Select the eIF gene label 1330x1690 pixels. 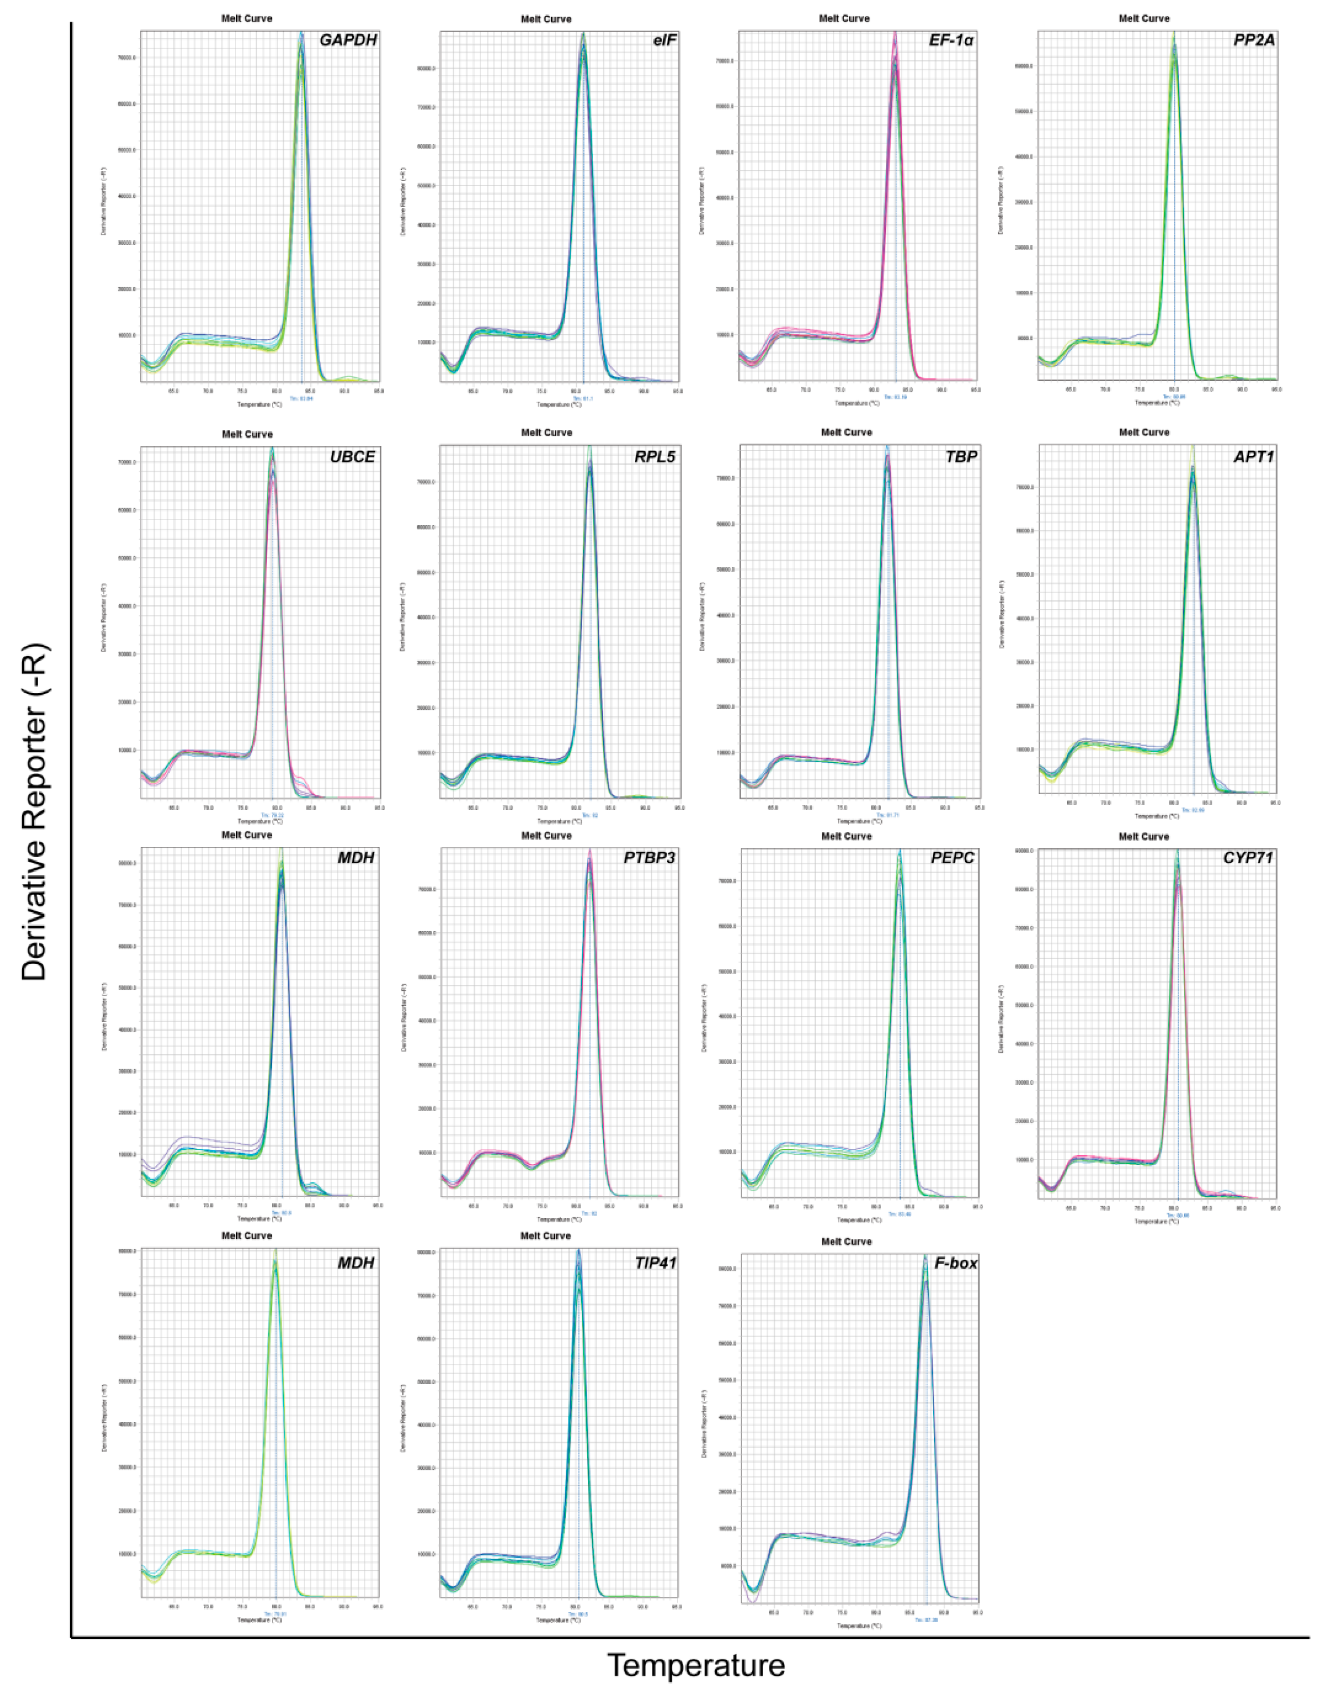point(664,41)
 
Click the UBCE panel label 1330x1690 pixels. point(352,457)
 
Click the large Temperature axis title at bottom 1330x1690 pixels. point(695,1664)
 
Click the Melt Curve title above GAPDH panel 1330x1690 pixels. point(247,19)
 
